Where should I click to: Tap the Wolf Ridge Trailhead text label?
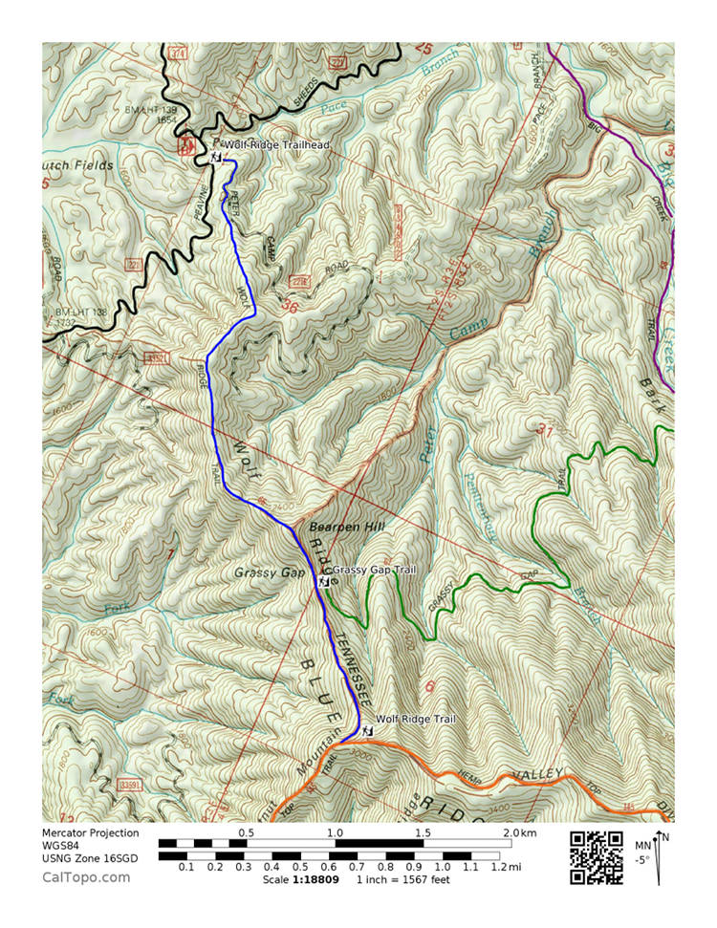pos(277,145)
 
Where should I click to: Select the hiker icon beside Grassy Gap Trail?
pos(324,581)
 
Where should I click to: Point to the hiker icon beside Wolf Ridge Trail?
pos(367,731)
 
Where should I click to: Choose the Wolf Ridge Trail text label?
pos(416,719)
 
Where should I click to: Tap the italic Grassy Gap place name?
pos(268,572)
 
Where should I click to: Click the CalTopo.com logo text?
pos(86,876)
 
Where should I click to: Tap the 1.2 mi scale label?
pos(498,867)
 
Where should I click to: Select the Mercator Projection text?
pos(90,833)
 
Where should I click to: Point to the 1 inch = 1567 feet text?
pos(403,878)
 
